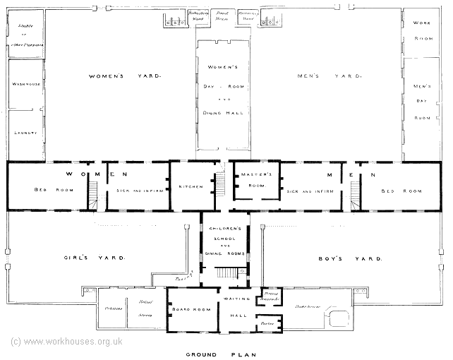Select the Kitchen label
click(x=191, y=187)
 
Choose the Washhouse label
click(x=25, y=83)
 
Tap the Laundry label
click(x=25, y=132)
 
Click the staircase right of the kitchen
click(x=220, y=185)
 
